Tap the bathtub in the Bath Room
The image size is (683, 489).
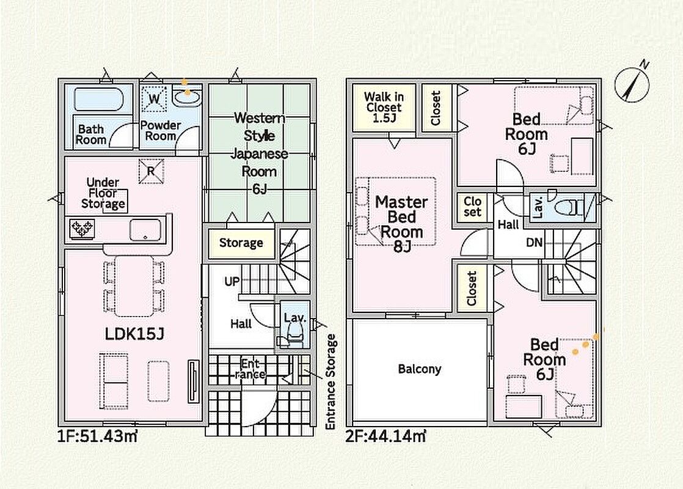99,100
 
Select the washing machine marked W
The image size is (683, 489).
154,98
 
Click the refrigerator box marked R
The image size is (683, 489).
151,171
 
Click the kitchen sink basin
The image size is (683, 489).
145,230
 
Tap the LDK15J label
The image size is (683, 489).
134,334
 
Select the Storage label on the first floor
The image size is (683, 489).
241,243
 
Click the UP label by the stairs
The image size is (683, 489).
232,282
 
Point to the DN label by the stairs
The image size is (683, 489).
534,242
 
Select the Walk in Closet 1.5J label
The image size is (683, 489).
384,107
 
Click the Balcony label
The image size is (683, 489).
420,369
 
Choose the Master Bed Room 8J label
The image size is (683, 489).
401,224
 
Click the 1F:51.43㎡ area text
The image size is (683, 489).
98,436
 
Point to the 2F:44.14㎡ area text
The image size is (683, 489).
385,436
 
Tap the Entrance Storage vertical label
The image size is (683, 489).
331,382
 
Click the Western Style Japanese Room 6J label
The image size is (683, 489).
259,153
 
